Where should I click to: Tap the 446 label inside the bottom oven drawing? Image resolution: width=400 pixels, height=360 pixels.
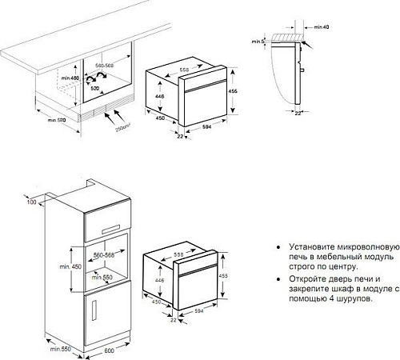pyautogui.click(x=159, y=281)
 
